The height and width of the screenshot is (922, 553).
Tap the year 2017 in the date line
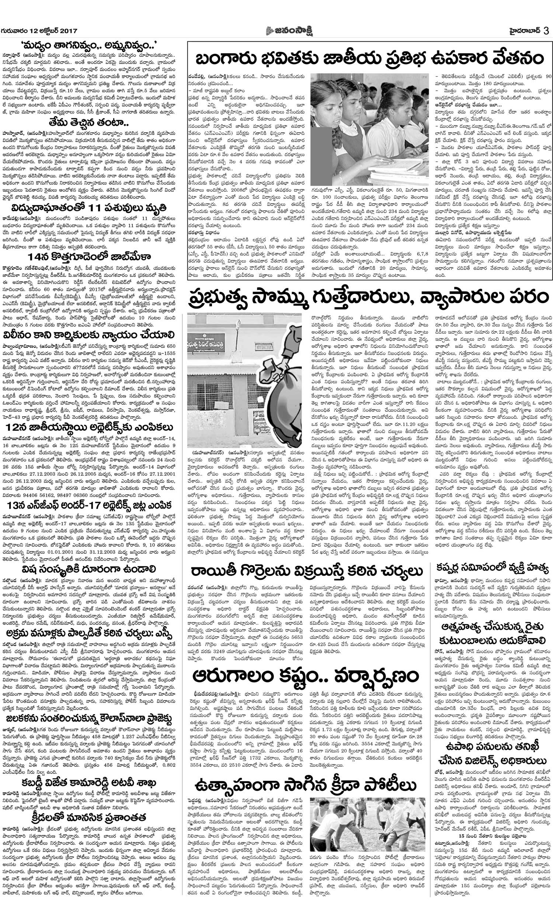tap(67, 31)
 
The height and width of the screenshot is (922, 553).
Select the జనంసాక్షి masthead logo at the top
tap(292, 31)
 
